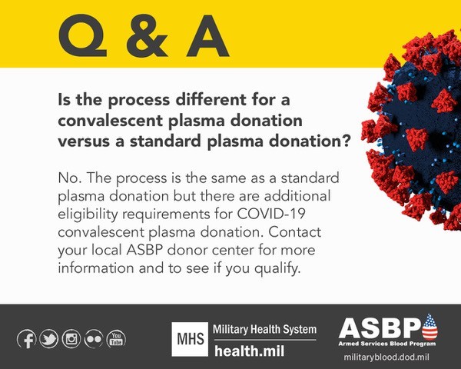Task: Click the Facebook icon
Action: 27,339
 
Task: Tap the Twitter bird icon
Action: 49,339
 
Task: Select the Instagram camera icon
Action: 71,339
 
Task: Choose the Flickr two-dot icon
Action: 94,339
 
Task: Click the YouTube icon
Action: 116,339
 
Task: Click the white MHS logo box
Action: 190,339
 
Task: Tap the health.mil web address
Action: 249,351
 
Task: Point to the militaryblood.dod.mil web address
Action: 386,357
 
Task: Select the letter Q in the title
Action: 83,35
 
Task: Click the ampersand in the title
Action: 147,35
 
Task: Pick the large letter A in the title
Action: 208,36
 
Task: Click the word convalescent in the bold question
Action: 111,121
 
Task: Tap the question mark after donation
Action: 346,141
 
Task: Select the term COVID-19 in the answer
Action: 271,214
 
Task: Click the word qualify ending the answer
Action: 277,269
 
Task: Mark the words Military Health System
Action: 264,329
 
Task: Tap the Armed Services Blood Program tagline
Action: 387,344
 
